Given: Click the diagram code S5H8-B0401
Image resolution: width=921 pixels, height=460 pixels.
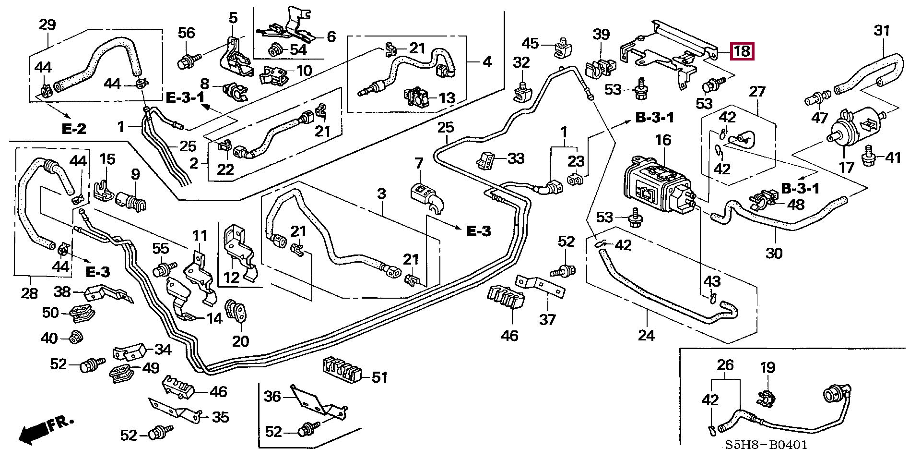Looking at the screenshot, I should click(766, 445).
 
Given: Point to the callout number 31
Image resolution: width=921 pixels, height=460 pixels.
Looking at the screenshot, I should click(882, 31).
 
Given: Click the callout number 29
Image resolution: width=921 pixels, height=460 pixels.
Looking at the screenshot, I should click(47, 25).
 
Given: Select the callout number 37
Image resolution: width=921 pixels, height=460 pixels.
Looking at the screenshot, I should click(547, 319).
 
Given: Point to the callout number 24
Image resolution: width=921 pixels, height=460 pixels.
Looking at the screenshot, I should click(646, 335).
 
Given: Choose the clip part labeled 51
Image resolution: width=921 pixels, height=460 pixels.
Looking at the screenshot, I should click(342, 372).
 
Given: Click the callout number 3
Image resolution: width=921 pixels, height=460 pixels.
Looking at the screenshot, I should click(381, 194).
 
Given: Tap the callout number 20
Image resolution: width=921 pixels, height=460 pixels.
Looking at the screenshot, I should click(240, 341).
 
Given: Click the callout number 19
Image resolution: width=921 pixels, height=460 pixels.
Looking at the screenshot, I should click(767, 368).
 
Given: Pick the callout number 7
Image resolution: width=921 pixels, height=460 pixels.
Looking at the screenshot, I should click(419, 163).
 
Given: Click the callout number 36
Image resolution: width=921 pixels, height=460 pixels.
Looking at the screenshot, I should click(272, 397).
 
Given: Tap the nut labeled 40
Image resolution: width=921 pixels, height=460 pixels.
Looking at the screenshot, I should click(75, 338).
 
